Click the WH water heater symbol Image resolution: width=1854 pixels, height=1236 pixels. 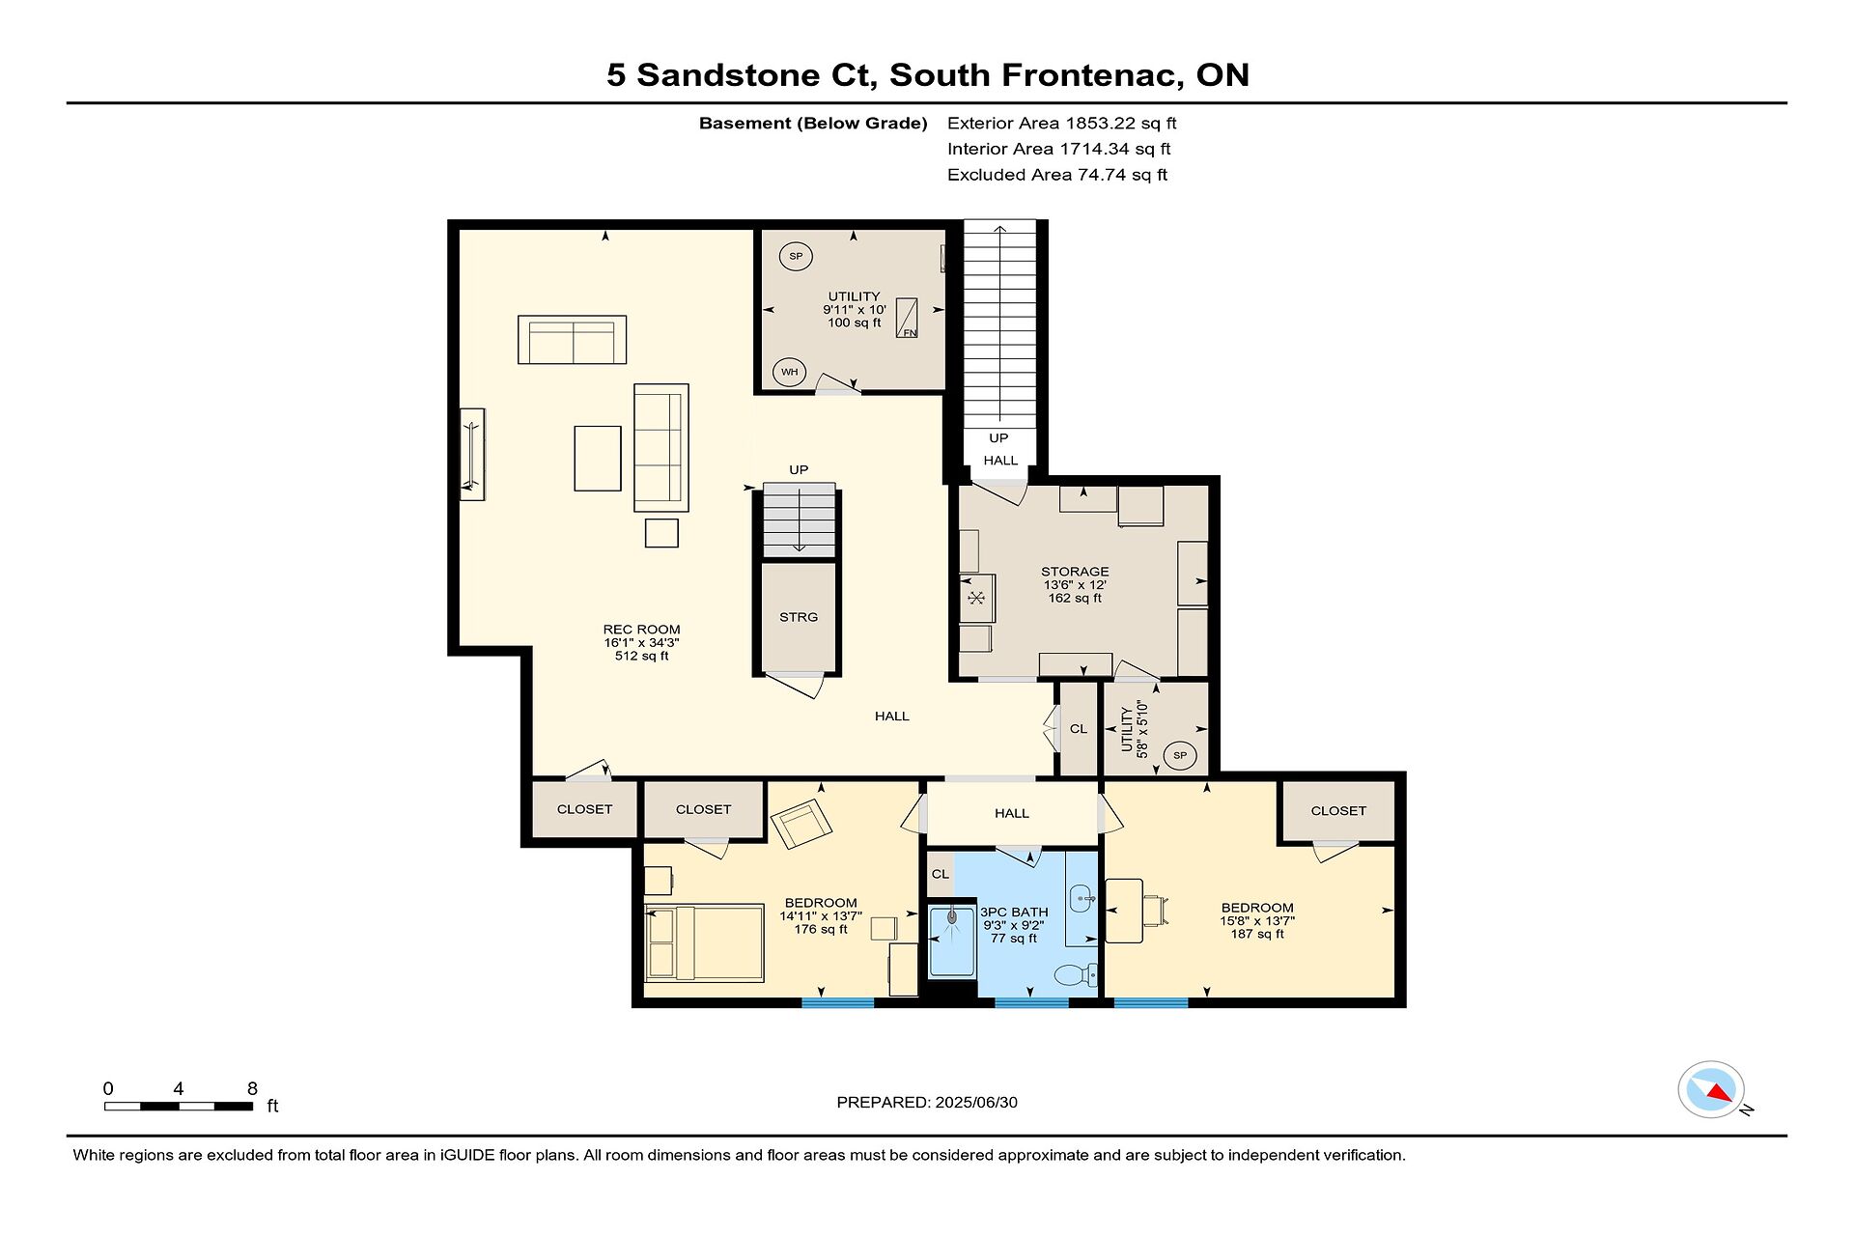pyautogui.click(x=790, y=372)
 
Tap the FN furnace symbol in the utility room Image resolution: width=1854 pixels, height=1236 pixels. pyautogui.click(x=907, y=318)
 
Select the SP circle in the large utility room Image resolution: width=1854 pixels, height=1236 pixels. pyautogui.click(x=796, y=256)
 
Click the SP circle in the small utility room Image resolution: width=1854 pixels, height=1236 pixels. pyautogui.click(x=1180, y=755)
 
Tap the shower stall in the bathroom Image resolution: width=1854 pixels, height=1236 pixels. pyautogui.click(x=952, y=941)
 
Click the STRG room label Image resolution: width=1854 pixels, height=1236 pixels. pyautogui.click(x=799, y=617)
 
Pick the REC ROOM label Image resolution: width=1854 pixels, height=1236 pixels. pyautogui.click(x=642, y=630)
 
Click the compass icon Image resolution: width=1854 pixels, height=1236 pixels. pyautogui.click(x=1712, y=1090)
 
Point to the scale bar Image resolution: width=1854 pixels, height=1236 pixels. pyautogui.click(x=179, y=1106)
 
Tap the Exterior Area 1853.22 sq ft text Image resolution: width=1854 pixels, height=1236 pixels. pyautogui.click(x=1062, y=123)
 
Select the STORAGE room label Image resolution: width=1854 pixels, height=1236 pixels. pyautogui.click(x=1075, y=572)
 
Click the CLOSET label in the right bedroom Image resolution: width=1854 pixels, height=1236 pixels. pyautogui.click(x=1338, y=811)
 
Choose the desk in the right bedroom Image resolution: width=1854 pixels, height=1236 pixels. pyautogui.click(x=1124, y=911)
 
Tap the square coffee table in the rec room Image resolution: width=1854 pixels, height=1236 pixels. pyautogui.click(x=598, y=459)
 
